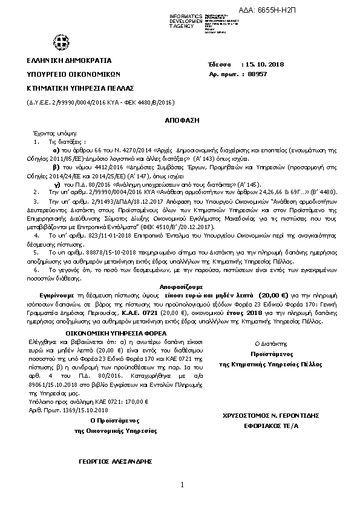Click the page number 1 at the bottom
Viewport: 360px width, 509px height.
click(x=182, y=485)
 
